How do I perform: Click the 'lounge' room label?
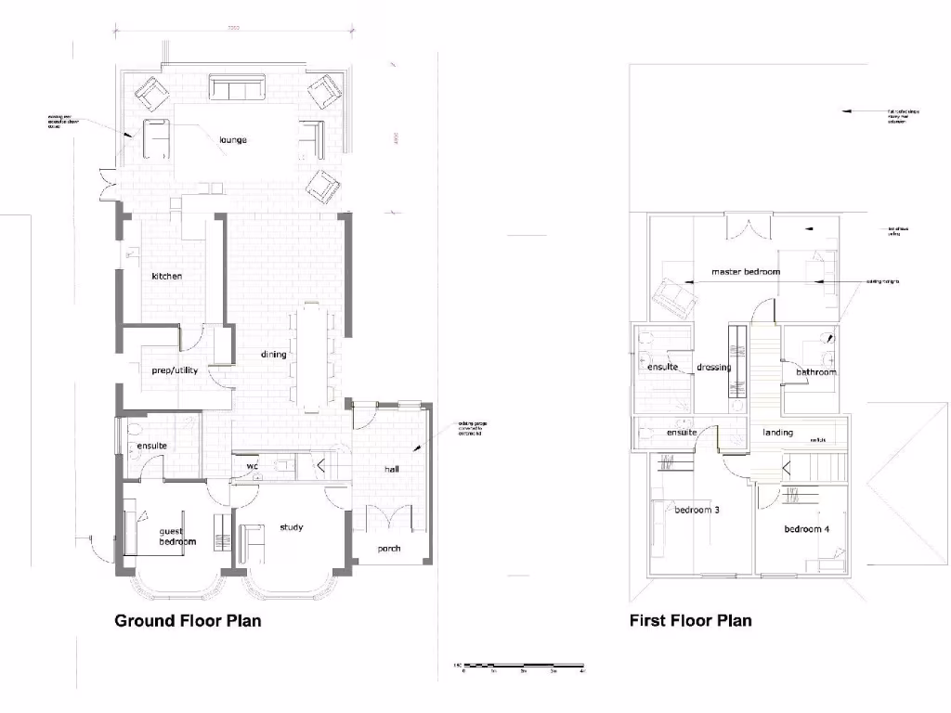[x=232, y=140]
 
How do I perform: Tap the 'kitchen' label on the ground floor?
[x=167, y=276]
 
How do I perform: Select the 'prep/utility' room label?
[x=175, y=370]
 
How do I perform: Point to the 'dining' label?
[x=273, y=354]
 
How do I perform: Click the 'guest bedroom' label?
[x=176, y=535]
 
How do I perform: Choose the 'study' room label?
[x=292, y=527]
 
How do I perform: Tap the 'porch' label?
[x=389, y=548]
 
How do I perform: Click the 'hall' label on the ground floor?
[x=392, y=470]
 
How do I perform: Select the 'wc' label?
[x=252, y=466]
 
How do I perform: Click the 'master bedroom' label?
[x=746, y=272]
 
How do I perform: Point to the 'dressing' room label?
[x=713, y=367]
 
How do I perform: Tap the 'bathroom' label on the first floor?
[x=816, y=372]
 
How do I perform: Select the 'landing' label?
[x=777, y=433]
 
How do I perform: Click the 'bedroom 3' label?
[x=697, y=510]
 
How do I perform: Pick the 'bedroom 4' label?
[x=806, y=529]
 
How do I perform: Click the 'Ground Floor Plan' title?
[x=188, y=620]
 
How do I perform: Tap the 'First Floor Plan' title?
[x=690, y=620]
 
